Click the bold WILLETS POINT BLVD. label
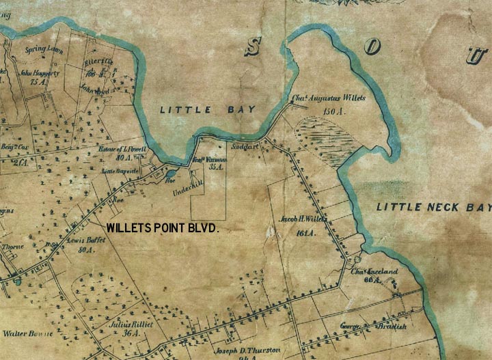(x=163, y=229)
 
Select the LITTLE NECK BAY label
(x=434, y=207)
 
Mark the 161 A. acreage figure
(x=305, y=233)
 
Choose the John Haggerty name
(x=40, y=72)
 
